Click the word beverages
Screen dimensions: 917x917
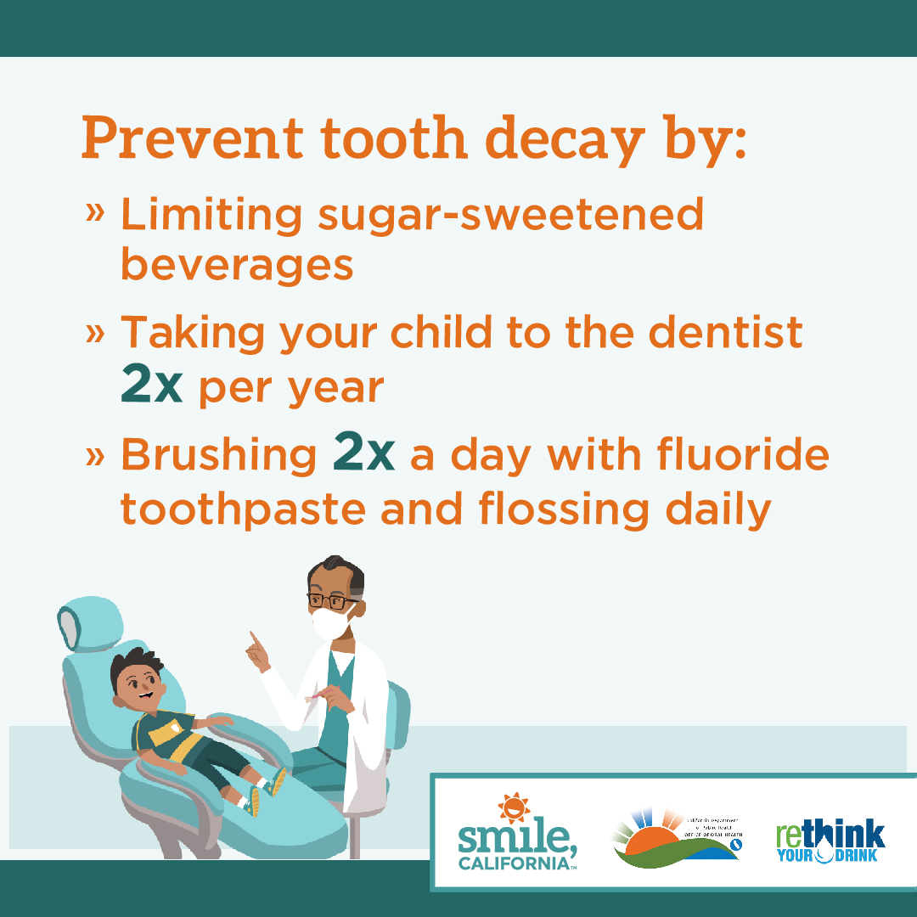click(x=237, y=265)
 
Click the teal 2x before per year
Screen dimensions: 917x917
click(x=152, y=386)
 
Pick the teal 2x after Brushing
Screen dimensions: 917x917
click(x=364, y=455)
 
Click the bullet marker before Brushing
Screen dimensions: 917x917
click(x=95, y=456)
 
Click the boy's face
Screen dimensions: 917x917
click(x=137, y=680)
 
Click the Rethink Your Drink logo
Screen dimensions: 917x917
click(x=830, y=841)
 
